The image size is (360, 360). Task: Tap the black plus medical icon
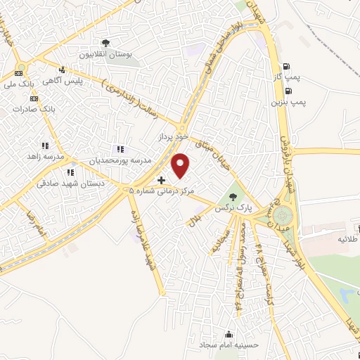pos(161,181)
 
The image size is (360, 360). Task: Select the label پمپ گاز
pos(286,76)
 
